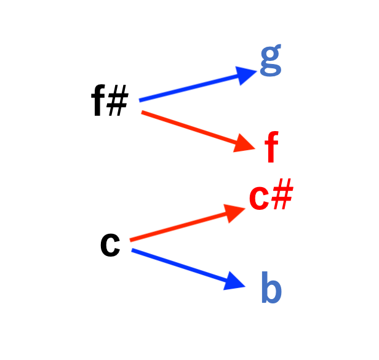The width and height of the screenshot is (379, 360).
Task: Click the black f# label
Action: [x=110, y=100]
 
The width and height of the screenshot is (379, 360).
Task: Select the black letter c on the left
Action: [x=110, y=245]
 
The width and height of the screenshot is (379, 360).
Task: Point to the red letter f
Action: [x=271, y=146]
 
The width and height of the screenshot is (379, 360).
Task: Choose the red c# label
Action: [x=271, y=194]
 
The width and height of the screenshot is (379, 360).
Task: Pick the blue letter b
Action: [x=271, y=287]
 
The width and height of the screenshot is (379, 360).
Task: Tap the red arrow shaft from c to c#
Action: [x=180, y=226]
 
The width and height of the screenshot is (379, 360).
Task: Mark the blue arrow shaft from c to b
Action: [x=180, y=265]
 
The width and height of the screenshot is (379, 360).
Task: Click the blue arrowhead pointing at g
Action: [x=245, y=74]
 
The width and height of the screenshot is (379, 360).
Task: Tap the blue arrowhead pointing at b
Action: [x=233, y=282]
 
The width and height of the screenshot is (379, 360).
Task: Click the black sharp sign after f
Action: [x=118, y=100]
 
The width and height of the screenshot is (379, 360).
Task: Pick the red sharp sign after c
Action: [x=282, y=194]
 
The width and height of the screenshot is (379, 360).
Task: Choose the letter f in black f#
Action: [x=98, y=100]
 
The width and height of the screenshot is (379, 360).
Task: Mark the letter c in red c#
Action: [x=259, y=198]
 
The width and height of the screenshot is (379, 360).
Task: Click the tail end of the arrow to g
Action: [x=139, y=100]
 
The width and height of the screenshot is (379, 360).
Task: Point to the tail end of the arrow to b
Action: [x=132, y=250]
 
